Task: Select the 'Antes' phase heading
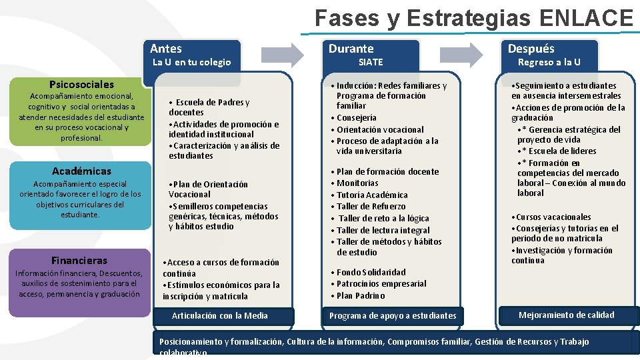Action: [x=166, y=48]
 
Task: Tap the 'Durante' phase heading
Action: [x=351, y=48]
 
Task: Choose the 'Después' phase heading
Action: [x=531, y=48]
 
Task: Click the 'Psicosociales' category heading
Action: [x=81, y=85]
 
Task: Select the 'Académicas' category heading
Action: [x=81, y=171]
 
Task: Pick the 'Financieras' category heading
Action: [x=79, y=260]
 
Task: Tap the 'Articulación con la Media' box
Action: [x=220, y=315]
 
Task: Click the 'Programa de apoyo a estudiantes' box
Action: [x=393, y=315]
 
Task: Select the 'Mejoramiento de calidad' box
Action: [x=567, y=315]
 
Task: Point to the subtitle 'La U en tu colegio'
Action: [x=192, y=62]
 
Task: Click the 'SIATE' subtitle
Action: [x=371, y=62]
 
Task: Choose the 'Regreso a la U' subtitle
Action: [x=549, y=62]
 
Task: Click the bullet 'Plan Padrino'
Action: [x=361, y=295]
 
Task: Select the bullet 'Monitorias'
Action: [x=357, y=183]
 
